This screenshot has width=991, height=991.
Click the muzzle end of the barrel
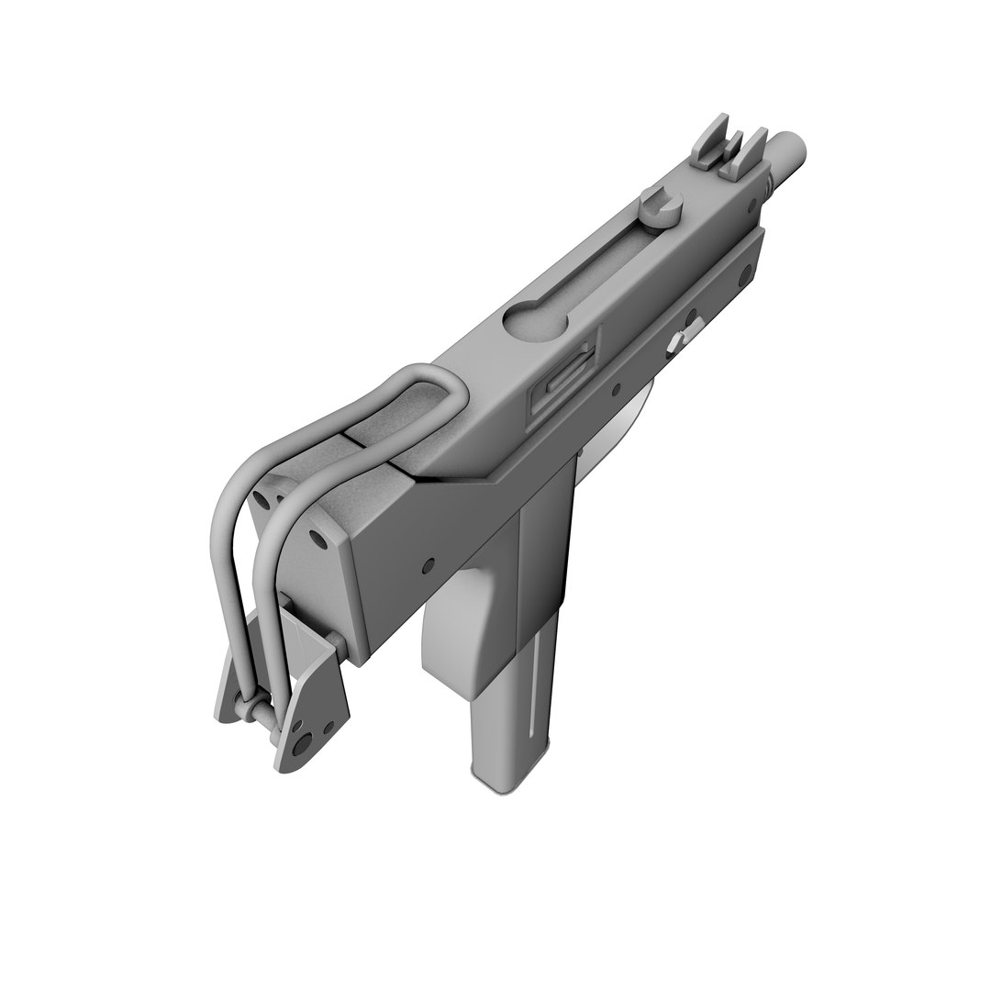(x=792, y=146)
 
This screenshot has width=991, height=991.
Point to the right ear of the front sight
(x=753, y=147)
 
